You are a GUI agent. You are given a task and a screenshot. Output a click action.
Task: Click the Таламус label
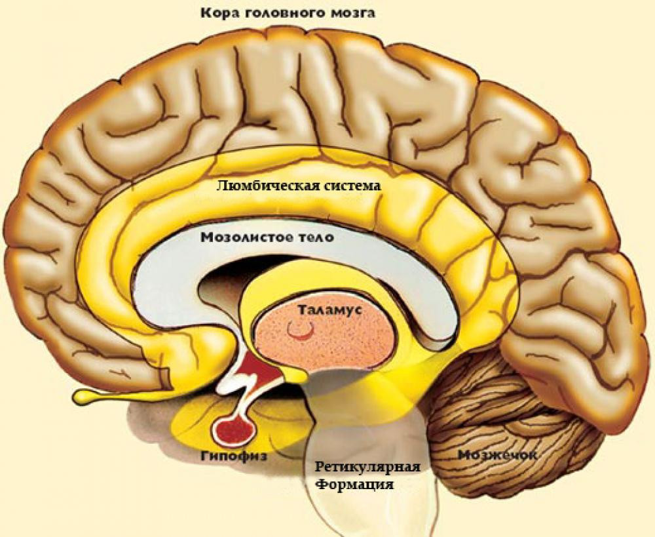coord(326,309)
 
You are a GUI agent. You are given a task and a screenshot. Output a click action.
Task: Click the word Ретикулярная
coord(367,468)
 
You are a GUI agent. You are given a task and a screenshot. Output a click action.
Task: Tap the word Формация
coord(355,485)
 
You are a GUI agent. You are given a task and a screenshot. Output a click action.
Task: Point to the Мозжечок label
coord(493,454)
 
